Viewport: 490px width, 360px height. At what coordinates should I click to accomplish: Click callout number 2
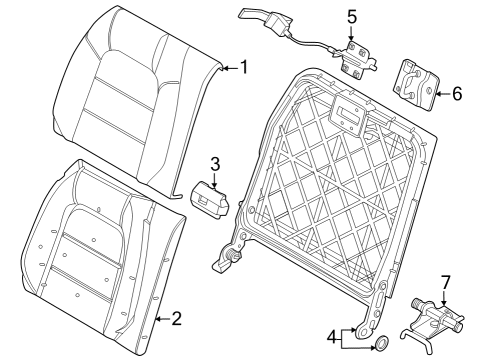point(177,319)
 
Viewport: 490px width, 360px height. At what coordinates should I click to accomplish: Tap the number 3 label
point(214,164)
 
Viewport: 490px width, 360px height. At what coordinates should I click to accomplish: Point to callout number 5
point(351,17)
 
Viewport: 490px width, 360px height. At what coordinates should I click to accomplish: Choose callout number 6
point(457,94)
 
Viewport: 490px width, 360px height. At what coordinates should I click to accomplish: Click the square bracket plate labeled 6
point(416,82)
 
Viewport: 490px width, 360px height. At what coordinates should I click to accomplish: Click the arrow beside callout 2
point(162,319)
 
